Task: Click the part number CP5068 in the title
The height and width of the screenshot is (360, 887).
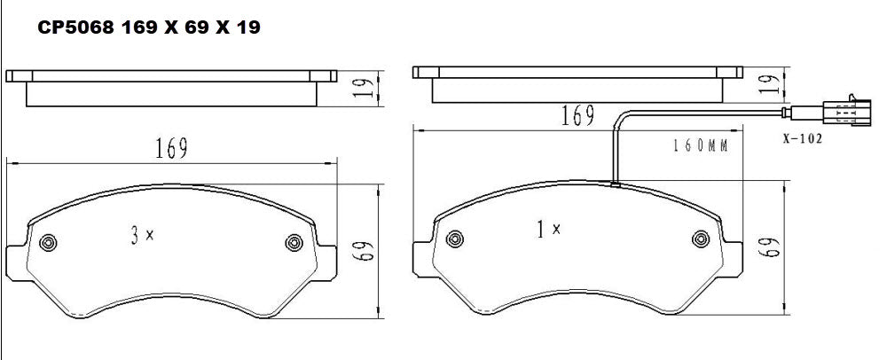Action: pyautogui.click(x=74, y=28)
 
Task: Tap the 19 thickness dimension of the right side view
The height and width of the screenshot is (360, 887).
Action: pyautogui.click(x=771, y=84)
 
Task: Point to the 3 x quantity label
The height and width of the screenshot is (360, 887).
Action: pyautogui.click(x=142, y=235)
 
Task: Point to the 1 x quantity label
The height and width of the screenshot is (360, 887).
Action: pyautogui.click(x=548, y=230)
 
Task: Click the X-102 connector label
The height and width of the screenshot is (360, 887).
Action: pyautogui.click(x=803, y=138)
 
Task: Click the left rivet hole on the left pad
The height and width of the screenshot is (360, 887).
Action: pyautogui.click(x=48, y=241)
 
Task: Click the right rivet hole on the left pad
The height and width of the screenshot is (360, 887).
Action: pyautogui.click(x=293, y=242)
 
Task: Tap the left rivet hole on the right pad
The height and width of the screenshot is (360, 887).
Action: pyautogui.click(x=455, y=237)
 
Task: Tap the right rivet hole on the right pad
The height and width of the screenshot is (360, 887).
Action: pyautogui.click(x=700, y=238)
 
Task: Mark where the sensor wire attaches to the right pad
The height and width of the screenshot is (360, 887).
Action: pyautogui.click(x=613, y=184)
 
